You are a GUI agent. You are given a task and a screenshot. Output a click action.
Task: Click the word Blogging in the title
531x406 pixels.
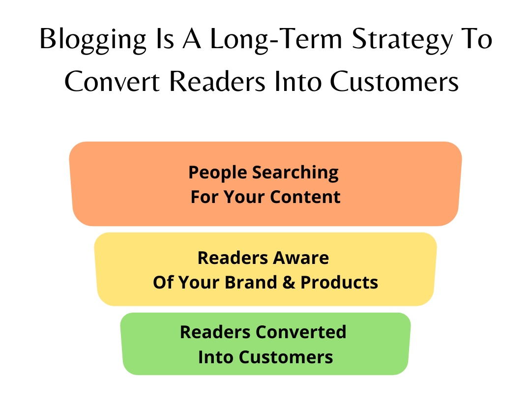(93, 40)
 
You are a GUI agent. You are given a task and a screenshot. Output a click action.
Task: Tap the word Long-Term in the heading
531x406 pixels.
(276, 39)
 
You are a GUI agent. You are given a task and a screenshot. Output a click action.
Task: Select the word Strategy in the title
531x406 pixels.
(402, 40)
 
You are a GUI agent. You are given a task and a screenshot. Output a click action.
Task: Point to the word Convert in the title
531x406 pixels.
(112, 81)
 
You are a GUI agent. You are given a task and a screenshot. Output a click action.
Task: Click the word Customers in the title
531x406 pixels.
(394, 81)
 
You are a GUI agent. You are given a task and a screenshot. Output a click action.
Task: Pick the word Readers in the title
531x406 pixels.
(217, 81)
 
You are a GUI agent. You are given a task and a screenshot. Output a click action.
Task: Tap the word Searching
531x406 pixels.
(295, 173)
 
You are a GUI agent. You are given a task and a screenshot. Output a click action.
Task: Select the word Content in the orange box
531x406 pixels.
(305, 197)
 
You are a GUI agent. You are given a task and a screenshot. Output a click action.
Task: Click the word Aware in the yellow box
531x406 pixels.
(301, 258)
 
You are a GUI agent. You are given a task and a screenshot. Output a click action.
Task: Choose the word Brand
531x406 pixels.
(251, 283)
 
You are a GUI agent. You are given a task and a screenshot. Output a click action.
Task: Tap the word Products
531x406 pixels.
(339, 283)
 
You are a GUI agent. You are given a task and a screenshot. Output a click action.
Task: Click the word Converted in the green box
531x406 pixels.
(301, 332)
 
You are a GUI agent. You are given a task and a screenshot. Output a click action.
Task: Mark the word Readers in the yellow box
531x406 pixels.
(233, 258)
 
